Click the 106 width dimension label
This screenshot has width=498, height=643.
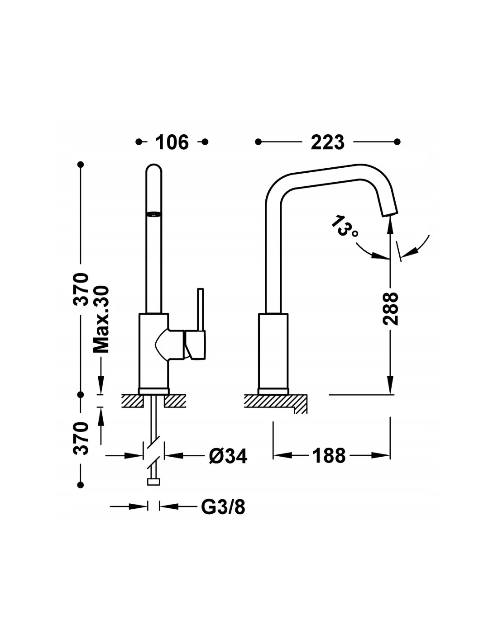click(x=172, y=142)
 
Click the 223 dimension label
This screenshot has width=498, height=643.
click(x=327, y=142)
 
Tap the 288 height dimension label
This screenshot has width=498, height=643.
click(x=390, y=309)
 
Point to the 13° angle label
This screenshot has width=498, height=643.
click(x=345, y=227)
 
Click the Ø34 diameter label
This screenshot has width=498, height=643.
click(x=228, y=456)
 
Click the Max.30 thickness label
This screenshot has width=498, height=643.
click(x=101, y=319)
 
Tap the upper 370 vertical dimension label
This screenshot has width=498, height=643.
click(x=81, y=289)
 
